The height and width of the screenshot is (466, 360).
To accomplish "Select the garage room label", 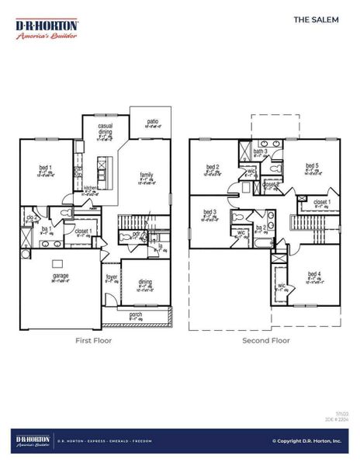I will coord(61,276).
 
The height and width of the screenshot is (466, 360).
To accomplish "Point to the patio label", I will coord(153,121).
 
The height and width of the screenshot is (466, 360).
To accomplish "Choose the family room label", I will coord(146,176).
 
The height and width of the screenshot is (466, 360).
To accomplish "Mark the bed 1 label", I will coord(46,169).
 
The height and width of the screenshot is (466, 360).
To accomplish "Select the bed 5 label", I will coord(311,166).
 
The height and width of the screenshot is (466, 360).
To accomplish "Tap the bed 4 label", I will coord(313,274).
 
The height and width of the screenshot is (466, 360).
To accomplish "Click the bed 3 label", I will coord(209,212).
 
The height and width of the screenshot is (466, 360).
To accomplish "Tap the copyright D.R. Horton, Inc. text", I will coord(305,441).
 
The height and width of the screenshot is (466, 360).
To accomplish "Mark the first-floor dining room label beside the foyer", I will coord(144,283).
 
